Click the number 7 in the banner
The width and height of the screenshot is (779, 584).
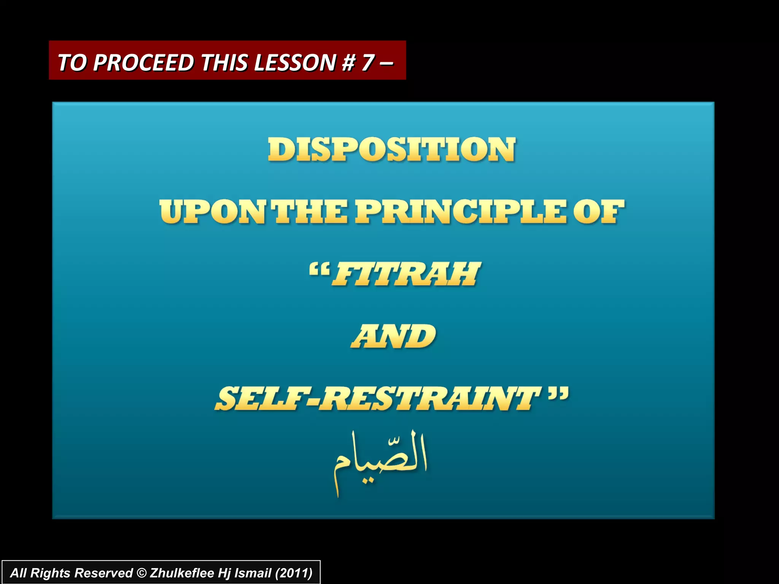tap(368, 62)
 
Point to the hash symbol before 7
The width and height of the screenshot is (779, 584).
tap(348, 62)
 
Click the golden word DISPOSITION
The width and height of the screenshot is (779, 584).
tap(392, 150)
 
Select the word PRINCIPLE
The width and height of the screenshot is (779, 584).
tap(460, 212)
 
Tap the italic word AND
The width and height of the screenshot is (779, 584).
tap(393, 336)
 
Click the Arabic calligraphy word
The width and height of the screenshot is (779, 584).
tap(380, 462)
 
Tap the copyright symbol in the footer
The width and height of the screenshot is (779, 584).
tap(141, 573)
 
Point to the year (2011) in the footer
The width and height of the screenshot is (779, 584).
tap(293, 573)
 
